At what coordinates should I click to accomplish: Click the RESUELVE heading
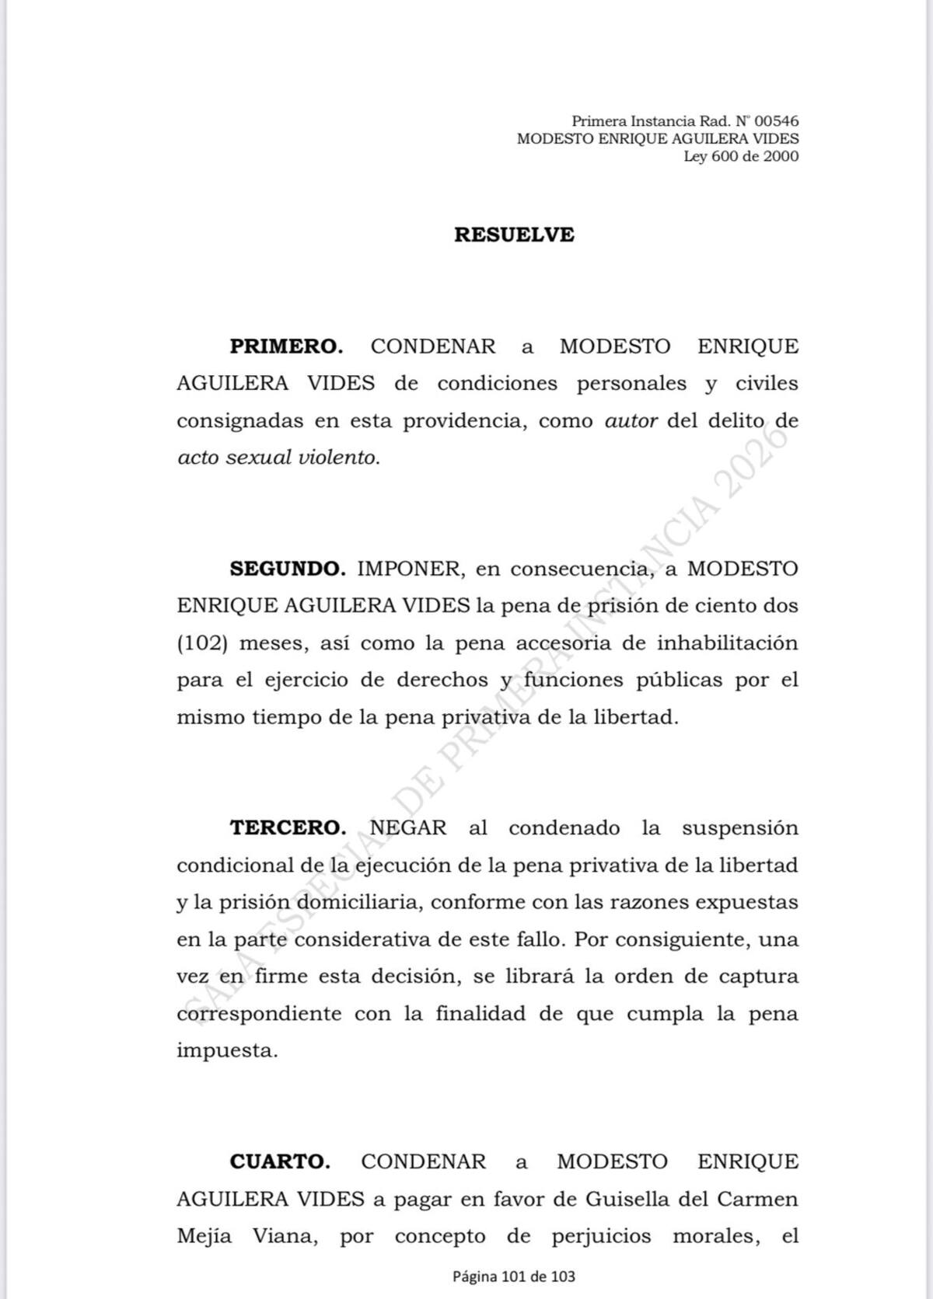coord(514,235)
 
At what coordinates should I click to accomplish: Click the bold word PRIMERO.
coord(286,347)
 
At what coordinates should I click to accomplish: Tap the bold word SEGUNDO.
coord(288,569)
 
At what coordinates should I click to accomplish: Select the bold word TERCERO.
coord(288,828)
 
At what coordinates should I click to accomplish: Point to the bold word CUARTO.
coord(280,1162)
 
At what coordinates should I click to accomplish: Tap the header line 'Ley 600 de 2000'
coord(741,156)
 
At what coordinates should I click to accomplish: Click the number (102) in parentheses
coord(201,644)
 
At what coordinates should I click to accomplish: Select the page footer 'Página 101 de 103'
coord(514,1276)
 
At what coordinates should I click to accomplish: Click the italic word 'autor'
coord(631,421)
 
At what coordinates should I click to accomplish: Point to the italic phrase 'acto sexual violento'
coord(277,458)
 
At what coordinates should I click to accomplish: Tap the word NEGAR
coord(408,828)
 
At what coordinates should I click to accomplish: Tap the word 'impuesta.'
coord(227,1051)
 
